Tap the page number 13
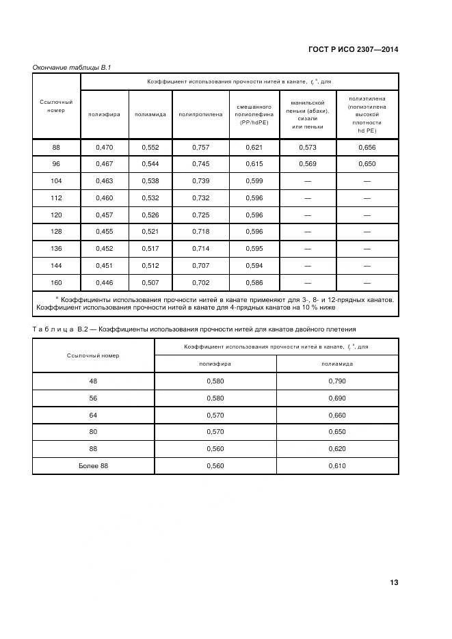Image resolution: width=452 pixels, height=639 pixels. click(x=394, y=582)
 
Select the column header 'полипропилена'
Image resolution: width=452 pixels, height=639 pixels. click(x=200, y=114)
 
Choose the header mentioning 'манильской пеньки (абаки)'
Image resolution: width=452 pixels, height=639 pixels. click(x=308, y=114)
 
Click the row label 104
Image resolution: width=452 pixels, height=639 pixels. click(x=56, y=180)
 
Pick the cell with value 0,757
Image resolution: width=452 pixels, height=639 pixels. click(x=200, y=147)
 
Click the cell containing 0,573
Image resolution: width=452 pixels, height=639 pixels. click(x=308, y=147)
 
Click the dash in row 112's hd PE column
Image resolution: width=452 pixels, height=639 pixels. click(x=367, y=198)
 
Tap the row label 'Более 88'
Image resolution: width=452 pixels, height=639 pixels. click(x=94, y=466)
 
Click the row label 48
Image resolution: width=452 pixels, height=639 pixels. click(x=94, y=380)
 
